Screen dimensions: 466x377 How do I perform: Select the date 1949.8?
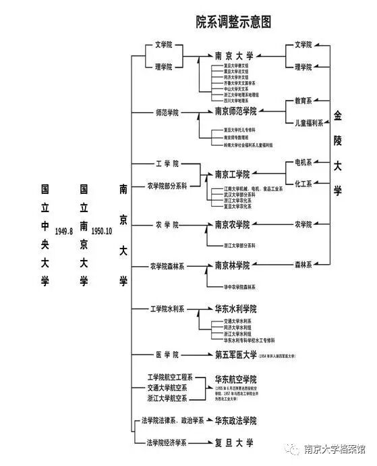click(x=65, y=230)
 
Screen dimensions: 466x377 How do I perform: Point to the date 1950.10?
click(x=102, y=230)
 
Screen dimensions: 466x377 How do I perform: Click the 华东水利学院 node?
click(x=235, y=309)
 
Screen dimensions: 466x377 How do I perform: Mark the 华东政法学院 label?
click(x=235, y=420)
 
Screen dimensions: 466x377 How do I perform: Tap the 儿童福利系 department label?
click(x=303, y=123)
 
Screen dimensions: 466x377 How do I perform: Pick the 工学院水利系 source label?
click(x=167, y=309)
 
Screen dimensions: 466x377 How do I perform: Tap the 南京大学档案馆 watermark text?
click(x=335, y=450)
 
